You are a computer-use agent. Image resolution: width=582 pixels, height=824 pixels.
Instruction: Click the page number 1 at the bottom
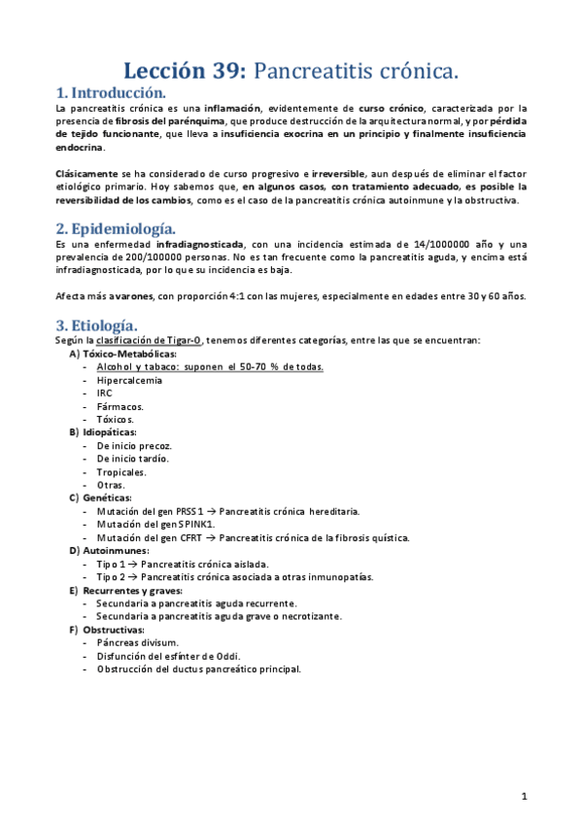tap(524, 797)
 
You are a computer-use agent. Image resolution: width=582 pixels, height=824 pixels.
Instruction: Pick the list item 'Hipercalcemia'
tap(129, 380)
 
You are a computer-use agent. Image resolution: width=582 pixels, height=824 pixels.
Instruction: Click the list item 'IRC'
tap(105, 393)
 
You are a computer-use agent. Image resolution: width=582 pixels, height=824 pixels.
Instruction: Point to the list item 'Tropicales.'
tap(121, 471)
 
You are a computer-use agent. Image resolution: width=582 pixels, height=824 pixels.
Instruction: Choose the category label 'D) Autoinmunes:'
tap(108, 550)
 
